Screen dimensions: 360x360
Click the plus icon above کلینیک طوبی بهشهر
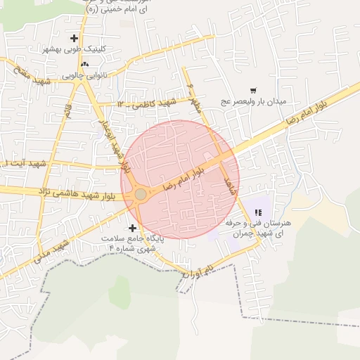[75, 37]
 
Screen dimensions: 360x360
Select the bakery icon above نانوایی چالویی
[85, 64]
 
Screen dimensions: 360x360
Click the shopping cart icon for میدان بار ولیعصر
[253, 90]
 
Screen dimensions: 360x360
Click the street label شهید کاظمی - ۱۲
[146, 103]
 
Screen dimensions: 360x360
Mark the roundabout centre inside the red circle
[141, 194]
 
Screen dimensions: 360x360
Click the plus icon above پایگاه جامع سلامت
[132, 228]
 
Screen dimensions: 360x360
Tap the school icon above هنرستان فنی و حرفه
[257, 212]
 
